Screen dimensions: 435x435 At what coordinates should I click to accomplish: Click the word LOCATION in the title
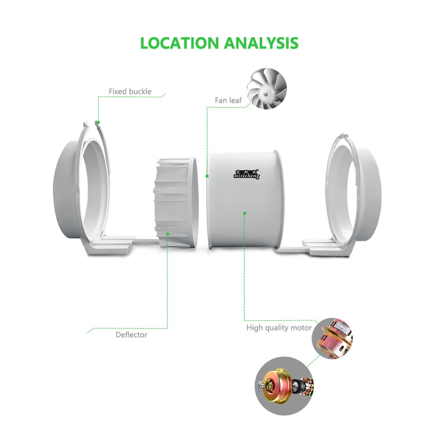pos(179,43)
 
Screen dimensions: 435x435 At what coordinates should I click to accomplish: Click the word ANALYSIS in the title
pos(261,43)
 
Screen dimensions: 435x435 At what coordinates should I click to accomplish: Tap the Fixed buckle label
pos(130,92)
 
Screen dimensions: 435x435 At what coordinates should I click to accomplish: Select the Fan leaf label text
pos(229,100)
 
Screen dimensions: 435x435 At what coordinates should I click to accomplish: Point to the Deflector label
pos(131,335)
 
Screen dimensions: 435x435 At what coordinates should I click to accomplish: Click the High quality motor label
pos(279,328)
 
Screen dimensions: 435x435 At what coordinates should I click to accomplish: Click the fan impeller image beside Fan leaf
pos(267,89)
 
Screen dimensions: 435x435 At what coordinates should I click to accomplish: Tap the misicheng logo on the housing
pos(246,175)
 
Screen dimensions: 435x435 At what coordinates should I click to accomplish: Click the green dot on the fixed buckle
pos(98,122)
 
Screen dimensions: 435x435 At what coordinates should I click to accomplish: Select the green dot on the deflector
pos(168,234)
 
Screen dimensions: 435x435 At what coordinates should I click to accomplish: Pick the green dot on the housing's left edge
pos(207,176)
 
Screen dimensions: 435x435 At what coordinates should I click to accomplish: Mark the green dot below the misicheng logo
pos(244,213)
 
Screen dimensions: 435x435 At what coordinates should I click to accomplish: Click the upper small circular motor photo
pos(332,339)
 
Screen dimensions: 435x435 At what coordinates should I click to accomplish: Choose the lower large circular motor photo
pos(285,386)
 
